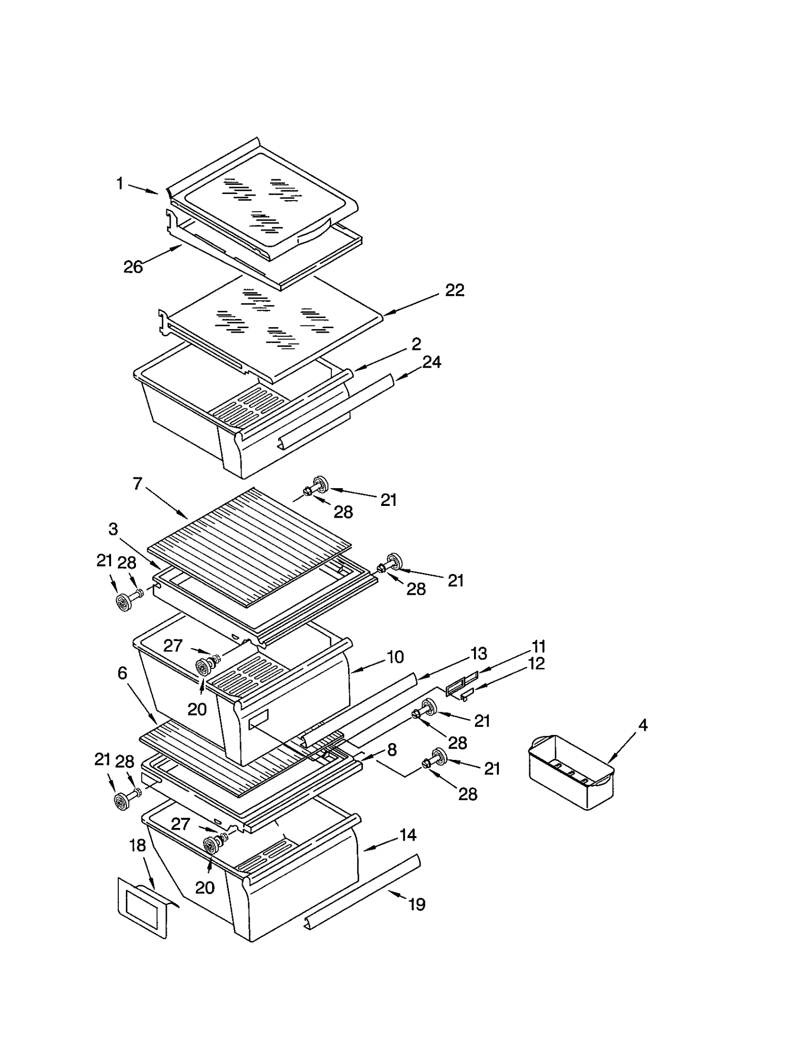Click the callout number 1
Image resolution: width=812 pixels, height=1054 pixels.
tap(120, 183)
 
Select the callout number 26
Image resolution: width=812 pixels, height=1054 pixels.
tap(133, 267)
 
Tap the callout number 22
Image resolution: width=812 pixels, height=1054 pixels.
tap(454, 290)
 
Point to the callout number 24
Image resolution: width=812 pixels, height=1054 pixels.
tap(431, 362)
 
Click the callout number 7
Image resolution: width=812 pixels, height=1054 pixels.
tap(137, 484)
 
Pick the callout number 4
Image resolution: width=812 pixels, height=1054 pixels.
tap(642, 725)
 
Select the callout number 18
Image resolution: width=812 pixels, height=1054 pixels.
tap(138, 845)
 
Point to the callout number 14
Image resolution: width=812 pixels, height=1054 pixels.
tap(408, 835)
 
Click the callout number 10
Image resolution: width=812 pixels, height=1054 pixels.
tap(395, 657)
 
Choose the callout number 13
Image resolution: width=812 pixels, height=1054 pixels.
tap(479, 653)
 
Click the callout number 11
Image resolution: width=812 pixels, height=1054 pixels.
tap(538, 647)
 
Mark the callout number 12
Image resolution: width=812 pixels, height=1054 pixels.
tap(536, 663)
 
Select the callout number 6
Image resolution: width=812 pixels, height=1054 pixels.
tap(122, 673)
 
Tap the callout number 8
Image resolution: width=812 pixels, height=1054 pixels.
tap(392, 750)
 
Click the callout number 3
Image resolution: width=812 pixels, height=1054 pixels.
tap(113, 529)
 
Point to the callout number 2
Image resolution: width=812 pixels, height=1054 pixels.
tap(416, 344)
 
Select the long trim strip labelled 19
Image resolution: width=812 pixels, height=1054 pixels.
tap(363, 893)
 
